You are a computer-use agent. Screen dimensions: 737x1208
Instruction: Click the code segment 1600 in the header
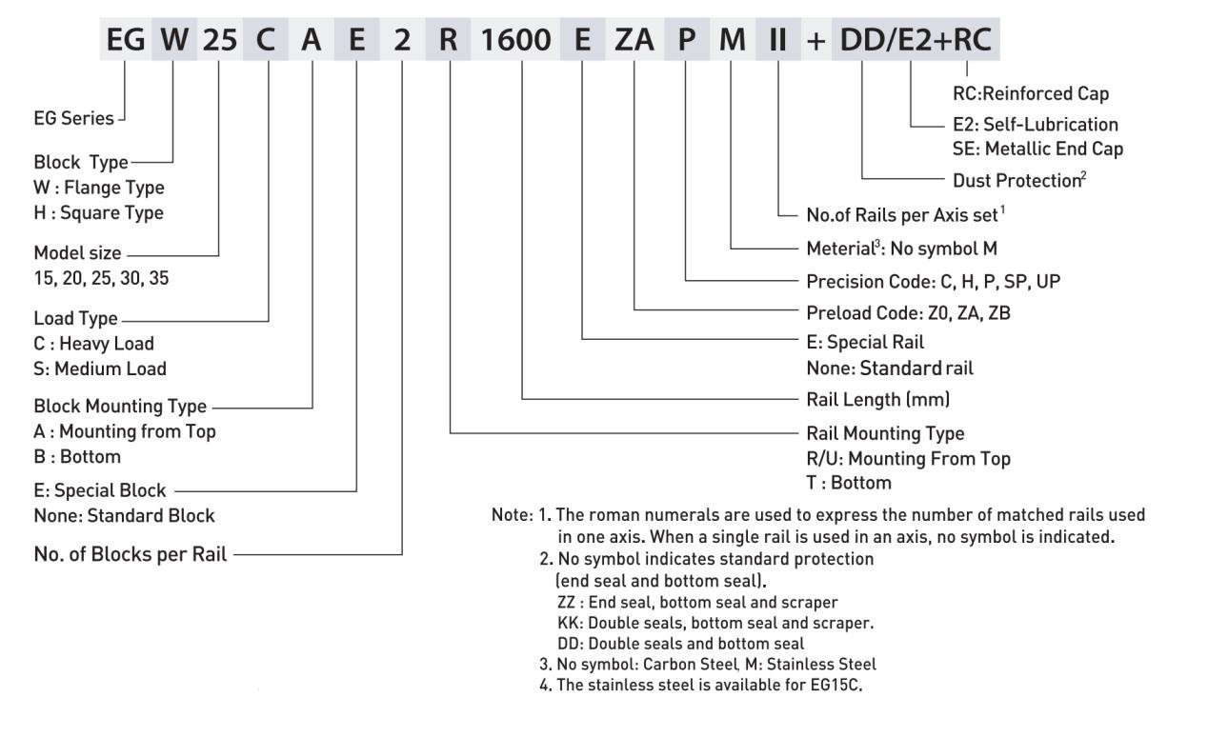point(522,41)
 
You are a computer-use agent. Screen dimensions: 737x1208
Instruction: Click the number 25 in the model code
point(218,41)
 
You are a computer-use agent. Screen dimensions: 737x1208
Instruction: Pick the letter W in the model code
point(173,41)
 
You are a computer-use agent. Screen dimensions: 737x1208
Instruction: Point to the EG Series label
point(73,119)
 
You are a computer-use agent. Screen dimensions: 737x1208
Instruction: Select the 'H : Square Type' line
point(98,211)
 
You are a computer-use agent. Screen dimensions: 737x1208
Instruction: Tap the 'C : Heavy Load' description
point(93,343)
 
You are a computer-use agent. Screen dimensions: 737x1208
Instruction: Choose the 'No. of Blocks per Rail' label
point(130,554)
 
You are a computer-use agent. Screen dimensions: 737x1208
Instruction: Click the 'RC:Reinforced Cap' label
point(1031,93)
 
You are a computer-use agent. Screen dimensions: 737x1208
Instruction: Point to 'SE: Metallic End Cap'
point(1037,148)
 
